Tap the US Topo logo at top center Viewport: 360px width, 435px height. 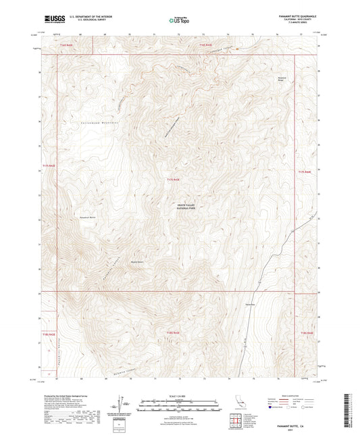[179, 21]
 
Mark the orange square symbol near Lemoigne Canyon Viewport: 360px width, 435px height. [237, 49]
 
